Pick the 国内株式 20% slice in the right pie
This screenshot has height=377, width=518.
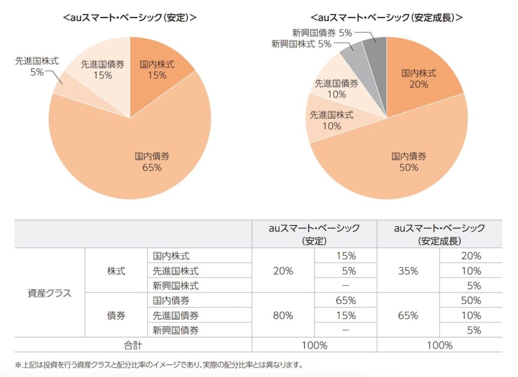click(419, 79)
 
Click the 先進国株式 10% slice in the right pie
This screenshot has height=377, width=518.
click(331, 120)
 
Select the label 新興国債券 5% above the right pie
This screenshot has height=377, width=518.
click(322, 32)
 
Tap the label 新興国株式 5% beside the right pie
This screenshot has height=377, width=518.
click(301, 44)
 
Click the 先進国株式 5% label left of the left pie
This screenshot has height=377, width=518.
click(36, 66)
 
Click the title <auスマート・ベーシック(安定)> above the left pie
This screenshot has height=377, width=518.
click(130, 17)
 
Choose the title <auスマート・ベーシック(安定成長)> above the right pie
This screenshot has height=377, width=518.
click(387, 17)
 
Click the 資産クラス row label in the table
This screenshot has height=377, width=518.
click(50, 293)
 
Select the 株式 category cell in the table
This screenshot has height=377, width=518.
click(116, 271)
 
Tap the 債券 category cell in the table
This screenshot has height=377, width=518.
click(116, 315)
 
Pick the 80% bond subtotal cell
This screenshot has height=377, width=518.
click(283, 315)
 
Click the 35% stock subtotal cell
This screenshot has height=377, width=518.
click(408, 271)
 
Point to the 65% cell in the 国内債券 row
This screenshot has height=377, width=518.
click(346, 301)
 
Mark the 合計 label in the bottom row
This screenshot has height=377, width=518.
click(133, 345)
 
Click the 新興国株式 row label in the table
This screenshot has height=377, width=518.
click(176, 285)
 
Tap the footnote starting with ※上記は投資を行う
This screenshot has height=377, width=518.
click(158, 364)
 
